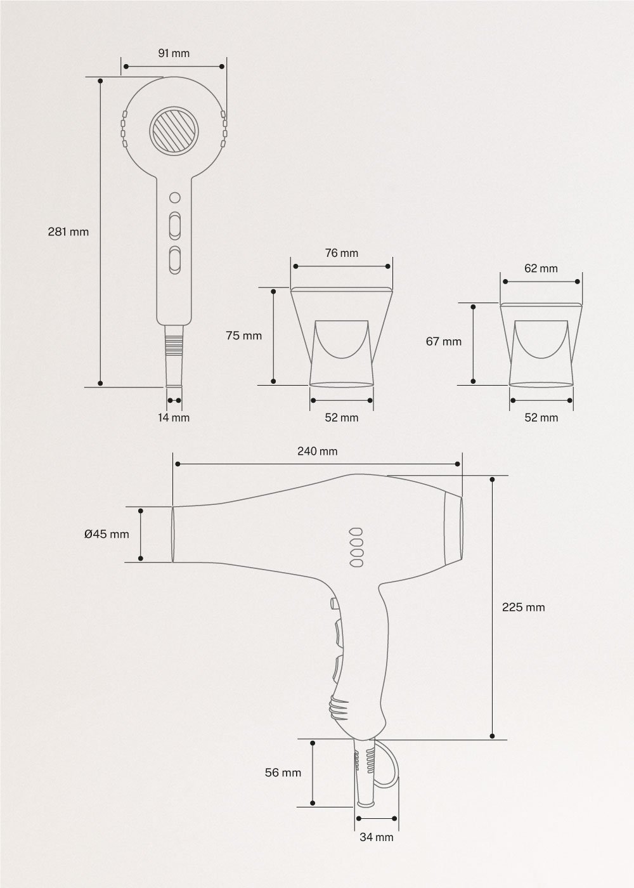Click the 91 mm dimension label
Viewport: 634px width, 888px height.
coord(174,53)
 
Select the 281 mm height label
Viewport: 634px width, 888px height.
coord(68,232)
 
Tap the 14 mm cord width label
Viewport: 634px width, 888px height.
coord(174,417)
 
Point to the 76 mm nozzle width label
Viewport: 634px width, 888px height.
coord(342,253)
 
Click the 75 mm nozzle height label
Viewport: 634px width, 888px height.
coord(243,336)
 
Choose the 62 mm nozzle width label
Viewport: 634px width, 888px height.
coord(541,268)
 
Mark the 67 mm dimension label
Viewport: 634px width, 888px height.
coord(443,341)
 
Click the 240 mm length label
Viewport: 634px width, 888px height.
coord(317,452)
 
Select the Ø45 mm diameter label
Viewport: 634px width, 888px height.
coord(107,534)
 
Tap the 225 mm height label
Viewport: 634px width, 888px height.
coord(523,607)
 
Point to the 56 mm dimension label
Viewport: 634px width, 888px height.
coord(283,773)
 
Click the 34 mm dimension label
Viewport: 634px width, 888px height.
coord(377,837)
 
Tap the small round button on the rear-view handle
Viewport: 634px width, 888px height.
coord(174,197)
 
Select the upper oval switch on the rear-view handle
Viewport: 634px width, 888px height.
coord(174,225)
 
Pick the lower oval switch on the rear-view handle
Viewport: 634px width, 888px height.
coord(174,260)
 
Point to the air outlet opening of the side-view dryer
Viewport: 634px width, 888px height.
coord(172,534)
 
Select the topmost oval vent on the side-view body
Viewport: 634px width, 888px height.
coord(356,532)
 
